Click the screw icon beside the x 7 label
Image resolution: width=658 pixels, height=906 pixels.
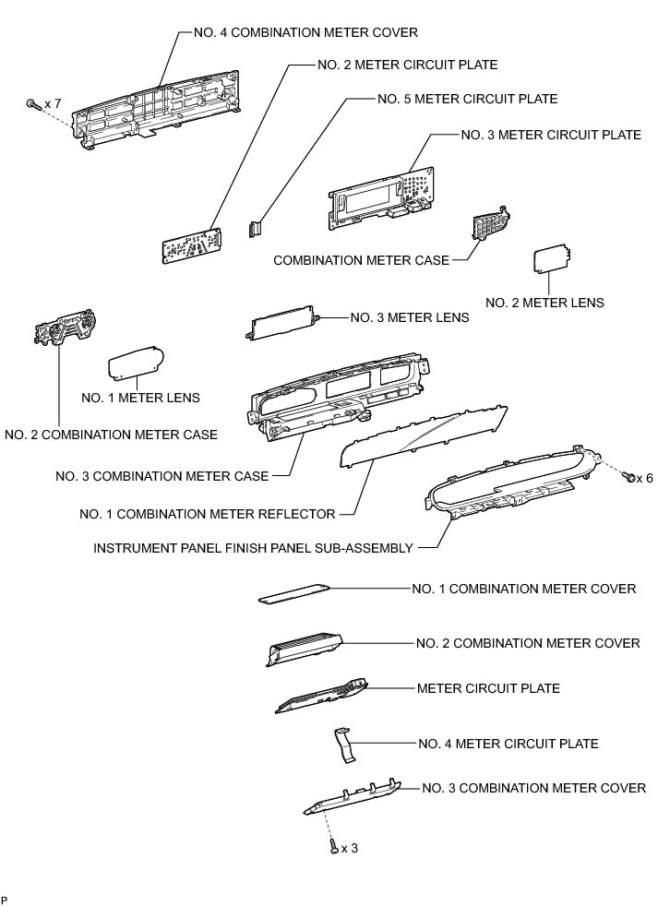(x=33, y=104)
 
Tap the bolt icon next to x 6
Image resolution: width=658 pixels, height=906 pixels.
(x=631, y=477)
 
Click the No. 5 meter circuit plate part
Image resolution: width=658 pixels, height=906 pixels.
(x=255, y=227)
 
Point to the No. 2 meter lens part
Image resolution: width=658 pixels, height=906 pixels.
(x=551, y=259)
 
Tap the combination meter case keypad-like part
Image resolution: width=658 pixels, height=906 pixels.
(x=491, y=223)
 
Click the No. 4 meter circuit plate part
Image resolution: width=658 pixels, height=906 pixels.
(x=344, y=743)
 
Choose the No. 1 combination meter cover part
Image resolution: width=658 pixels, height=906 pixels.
(x=293, y=593)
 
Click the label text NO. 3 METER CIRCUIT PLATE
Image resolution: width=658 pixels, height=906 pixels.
(x=551, y=135)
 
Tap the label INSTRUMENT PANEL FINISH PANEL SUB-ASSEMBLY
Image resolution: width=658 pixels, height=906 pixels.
(x=253, y=548)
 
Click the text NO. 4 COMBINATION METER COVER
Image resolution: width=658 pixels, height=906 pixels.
(x=305, y=32)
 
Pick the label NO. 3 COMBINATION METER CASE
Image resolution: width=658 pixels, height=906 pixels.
(x=162, y=476)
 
